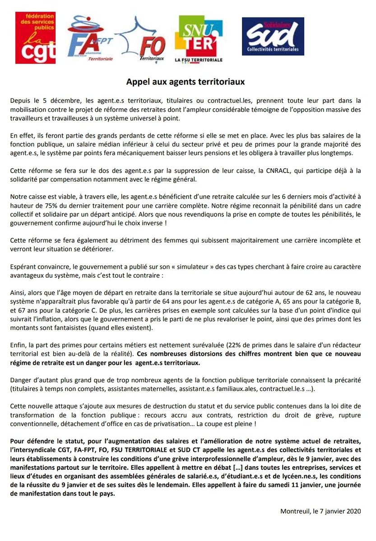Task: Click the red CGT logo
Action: coord(35,38)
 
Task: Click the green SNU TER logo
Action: coord(199,39)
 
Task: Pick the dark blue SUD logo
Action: coord(273,36)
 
